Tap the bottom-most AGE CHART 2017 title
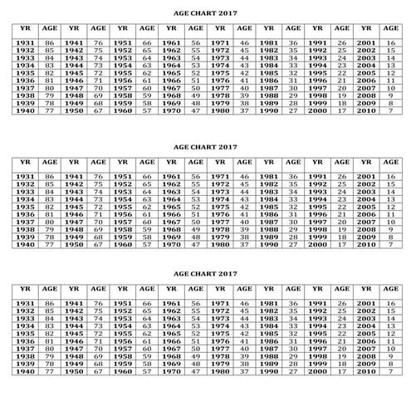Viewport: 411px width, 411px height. [206, 272]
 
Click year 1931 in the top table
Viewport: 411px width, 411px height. [25, 42]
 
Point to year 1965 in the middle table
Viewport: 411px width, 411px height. [172, 207]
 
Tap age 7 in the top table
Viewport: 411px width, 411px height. [390, 110]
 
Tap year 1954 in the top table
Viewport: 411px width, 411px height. [123, 65]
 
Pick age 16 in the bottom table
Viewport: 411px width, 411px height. [390, 305]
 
